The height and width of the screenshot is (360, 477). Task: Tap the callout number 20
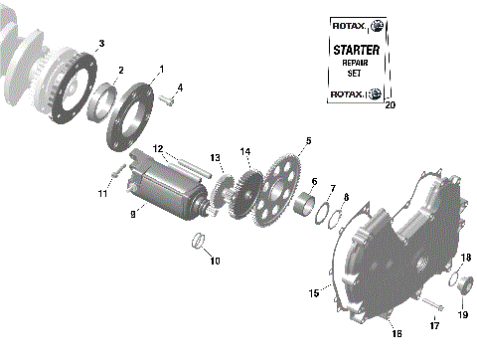click(x=389, y=103)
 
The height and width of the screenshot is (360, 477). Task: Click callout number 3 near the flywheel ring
click(x=99, y=44)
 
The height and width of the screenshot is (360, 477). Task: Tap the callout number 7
click(x=332, y=188)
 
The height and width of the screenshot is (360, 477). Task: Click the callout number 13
click(x=215, y=157)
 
